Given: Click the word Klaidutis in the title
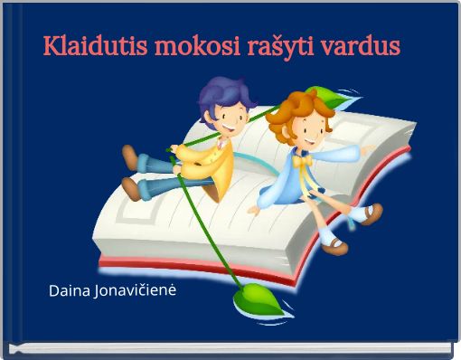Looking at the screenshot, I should pos(96,45).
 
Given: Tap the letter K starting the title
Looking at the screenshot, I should pos(52,45).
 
